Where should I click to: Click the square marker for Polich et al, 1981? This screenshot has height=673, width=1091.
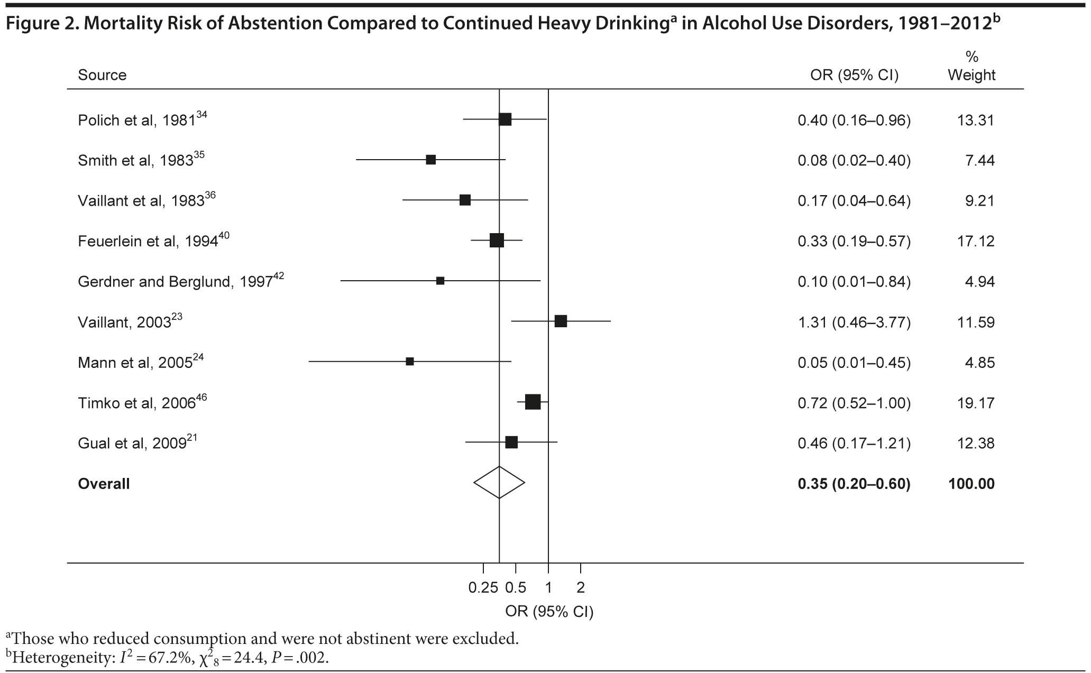pyautogui.click(x=505, y=119)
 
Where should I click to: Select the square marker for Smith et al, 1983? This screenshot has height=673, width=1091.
pyautogui.click(x=431, y=160)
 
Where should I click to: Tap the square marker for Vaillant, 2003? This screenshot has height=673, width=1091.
pyautogui.click(x=561, y=321)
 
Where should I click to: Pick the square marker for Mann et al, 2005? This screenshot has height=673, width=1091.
pyautogui.click(x=410, y=362)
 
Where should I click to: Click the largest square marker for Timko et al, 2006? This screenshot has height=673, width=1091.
pyautogui.click(x=533, y=402)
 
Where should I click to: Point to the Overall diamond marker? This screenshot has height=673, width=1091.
pyautogui.click(x=499, y=482)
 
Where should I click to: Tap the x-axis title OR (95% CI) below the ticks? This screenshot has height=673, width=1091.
pyautogui.click(x=549, y=612)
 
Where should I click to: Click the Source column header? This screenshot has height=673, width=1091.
pyautogui.click(x=102, y=75)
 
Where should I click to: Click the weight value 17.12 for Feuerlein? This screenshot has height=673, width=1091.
pyautogui.click(x=976, y=241)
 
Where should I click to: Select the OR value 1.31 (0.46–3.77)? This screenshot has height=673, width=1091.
pyautogui.click(x=854, y=322)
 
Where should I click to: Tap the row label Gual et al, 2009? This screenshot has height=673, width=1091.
pyautogui.click(x=132, y=443)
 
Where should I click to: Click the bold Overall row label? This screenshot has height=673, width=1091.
pyautogui.click(x=104, y=484)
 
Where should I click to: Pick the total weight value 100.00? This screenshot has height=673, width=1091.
pyautogui.click(x=971, y=484)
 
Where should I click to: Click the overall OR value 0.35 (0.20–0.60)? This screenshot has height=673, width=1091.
pyautogui.click(x=854, y=484)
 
